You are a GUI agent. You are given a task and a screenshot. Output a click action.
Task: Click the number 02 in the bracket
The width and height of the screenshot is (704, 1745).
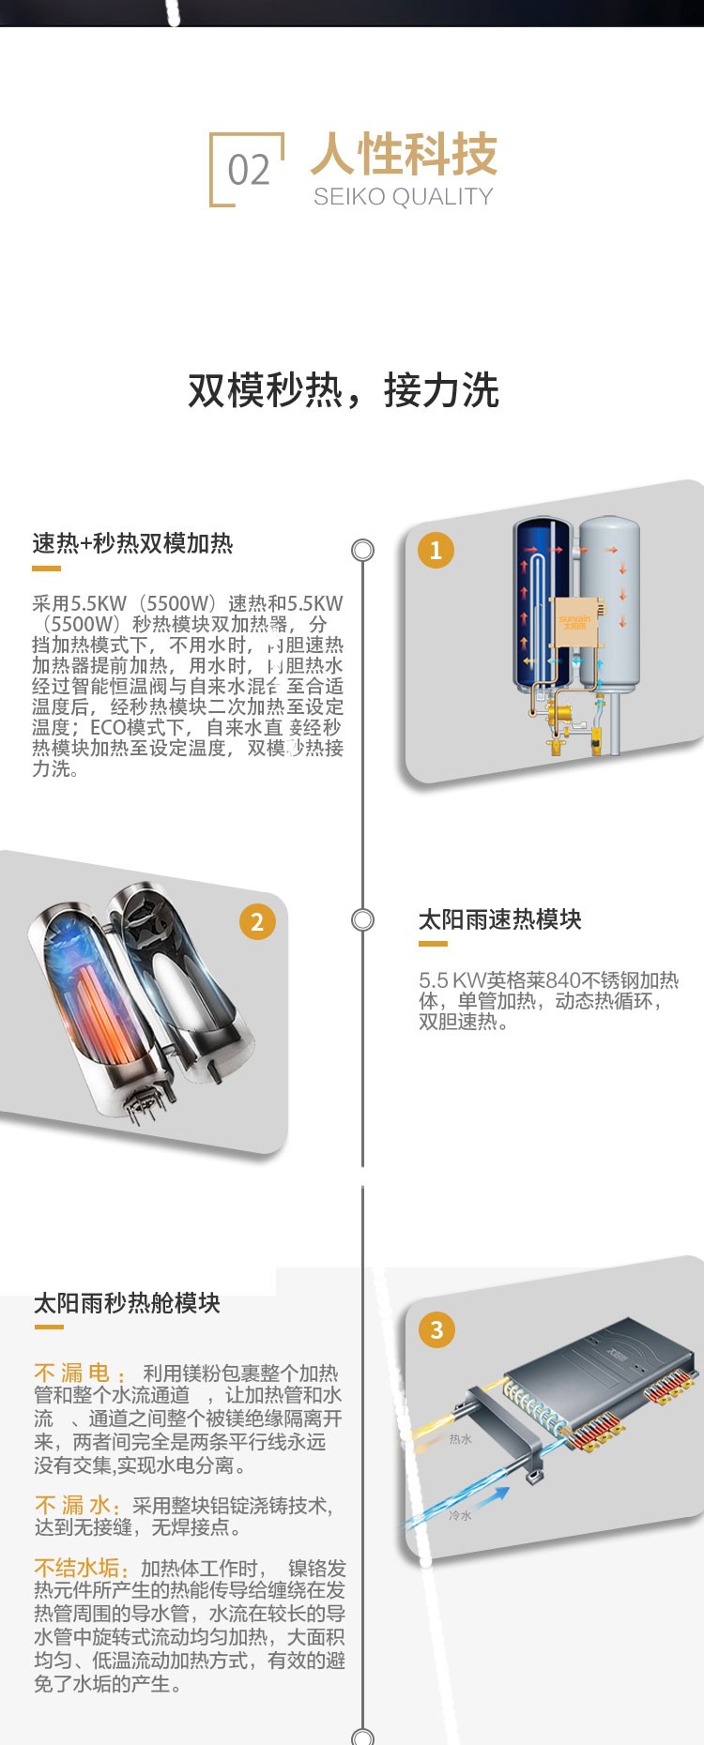click(248, 171)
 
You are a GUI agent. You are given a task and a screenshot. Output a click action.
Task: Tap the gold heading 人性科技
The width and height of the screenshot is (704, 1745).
click(404, 155)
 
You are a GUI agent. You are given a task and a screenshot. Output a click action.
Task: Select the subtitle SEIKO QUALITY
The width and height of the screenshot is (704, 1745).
click(403, 197)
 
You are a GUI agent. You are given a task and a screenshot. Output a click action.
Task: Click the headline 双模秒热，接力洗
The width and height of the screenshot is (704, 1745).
click(344, 390)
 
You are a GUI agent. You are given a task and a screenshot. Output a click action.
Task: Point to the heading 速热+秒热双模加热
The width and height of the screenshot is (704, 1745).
click(132, 543)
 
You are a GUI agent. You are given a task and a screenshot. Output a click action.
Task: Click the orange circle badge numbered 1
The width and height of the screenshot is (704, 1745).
click(436, 551)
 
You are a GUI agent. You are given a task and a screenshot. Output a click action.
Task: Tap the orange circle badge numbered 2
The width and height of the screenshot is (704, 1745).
click(257, 922)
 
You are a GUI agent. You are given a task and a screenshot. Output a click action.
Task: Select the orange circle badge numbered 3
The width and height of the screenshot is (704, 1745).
click(436, 1329)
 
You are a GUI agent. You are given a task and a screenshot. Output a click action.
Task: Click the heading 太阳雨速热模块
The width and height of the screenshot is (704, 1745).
click(499, 919)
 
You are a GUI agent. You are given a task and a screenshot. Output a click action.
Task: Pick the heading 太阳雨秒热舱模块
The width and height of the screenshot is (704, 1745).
click(127, 1303)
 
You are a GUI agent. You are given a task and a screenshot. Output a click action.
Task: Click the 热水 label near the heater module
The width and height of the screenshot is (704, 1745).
click(460, 1439)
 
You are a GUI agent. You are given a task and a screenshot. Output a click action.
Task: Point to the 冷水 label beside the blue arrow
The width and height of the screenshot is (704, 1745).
click(460, 1515)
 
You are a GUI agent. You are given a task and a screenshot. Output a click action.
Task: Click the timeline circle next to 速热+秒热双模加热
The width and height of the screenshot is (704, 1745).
click(362, 551)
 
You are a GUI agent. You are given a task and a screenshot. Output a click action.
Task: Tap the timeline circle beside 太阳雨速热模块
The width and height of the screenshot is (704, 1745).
click(362, 920)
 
